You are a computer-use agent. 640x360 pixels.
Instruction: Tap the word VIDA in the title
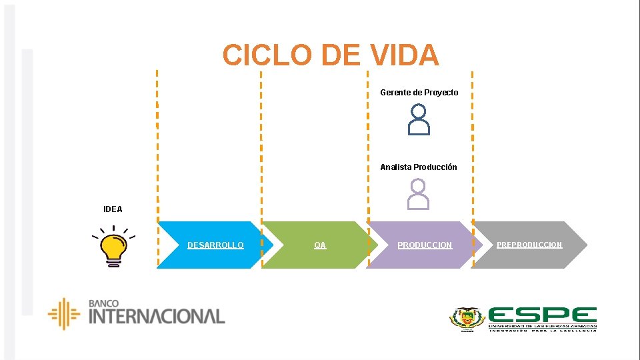(403, 55)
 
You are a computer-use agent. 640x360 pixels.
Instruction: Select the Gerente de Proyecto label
(419, 93)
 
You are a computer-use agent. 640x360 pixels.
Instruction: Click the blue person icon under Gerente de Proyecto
(419, 120)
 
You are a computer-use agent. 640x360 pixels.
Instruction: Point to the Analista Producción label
(419, 167)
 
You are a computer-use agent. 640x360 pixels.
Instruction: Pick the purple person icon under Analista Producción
(419, 194)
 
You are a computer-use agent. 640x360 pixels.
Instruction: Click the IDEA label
(113, 209)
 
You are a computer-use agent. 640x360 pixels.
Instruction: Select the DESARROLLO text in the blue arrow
(215, 245)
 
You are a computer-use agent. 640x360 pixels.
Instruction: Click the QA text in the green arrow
(320, 245)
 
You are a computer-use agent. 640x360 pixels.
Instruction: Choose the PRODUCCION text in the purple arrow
(425, 245)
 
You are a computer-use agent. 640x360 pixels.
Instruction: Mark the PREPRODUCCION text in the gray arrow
(529, 245)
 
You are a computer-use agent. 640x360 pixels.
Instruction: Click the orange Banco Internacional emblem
(64, 313)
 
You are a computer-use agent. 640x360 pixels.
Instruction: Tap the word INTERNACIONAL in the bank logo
(157, 316)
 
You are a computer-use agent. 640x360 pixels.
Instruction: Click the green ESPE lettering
(542, 315)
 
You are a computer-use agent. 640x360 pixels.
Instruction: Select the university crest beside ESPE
(467, 319)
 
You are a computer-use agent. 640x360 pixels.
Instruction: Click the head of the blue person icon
(419, 111)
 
